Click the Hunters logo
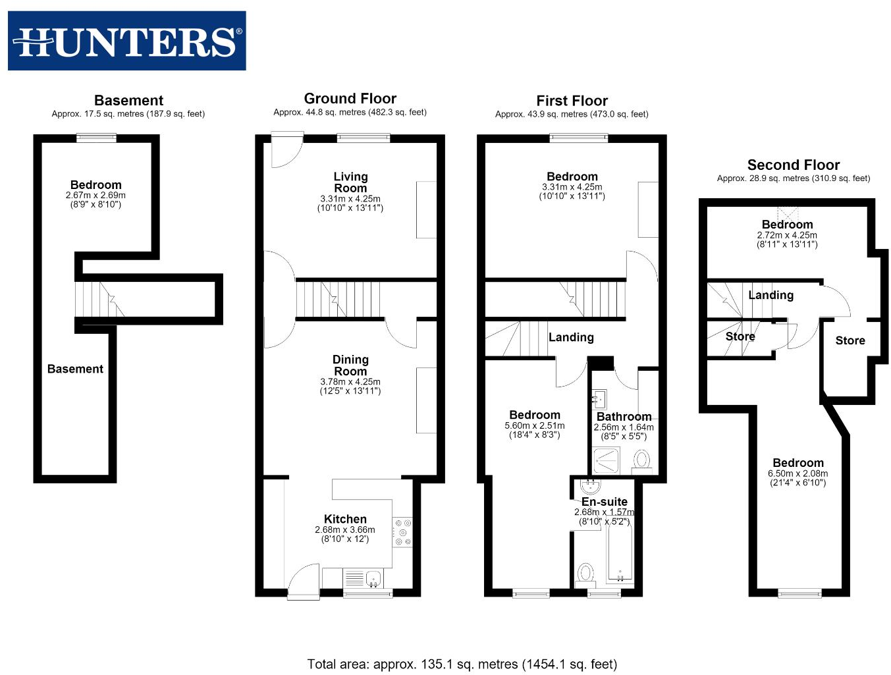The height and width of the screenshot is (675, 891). (x=126, y=41)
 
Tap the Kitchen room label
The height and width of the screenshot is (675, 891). (x=345, y=519)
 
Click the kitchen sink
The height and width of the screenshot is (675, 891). (x=373, y=578)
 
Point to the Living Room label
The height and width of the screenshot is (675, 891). (x=350, y=182)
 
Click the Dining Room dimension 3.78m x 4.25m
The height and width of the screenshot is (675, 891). (x=350, y=381)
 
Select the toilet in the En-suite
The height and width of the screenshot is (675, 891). (x=585, y=575)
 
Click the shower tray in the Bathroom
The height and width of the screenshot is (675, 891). (x=607, y=460)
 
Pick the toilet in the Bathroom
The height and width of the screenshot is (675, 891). (x=642, y=461)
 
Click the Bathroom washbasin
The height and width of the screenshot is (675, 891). (x=599, y=398)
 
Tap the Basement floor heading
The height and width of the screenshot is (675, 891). (x=128, y=100)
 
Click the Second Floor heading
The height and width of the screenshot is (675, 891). (x=793, y=165)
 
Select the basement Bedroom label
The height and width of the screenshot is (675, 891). (x=95, y=184)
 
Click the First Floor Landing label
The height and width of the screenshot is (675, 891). (x=571, y=337)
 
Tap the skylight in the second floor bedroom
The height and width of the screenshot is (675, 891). (x=788, y=213)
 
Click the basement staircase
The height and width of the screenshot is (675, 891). (x=100, y=300)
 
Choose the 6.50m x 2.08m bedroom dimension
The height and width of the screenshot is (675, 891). (x=797, y=473)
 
